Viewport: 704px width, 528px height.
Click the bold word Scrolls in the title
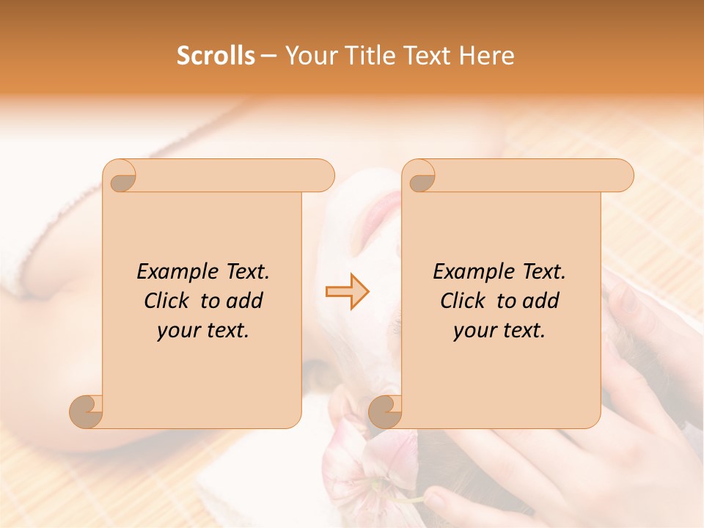[x=216, y=56]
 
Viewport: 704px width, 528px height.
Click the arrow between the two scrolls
[x=347, y=291]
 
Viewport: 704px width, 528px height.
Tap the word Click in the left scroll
[x=167, y=301]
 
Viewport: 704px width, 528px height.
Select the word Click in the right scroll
[x=463, y=301]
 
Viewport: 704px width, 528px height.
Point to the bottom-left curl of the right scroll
[x=385, y=411]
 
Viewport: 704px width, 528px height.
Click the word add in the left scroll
[x=245, y=301]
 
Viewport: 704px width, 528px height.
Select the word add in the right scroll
[x=541, y=301]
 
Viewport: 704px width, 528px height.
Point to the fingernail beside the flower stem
[x=434, y=502]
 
